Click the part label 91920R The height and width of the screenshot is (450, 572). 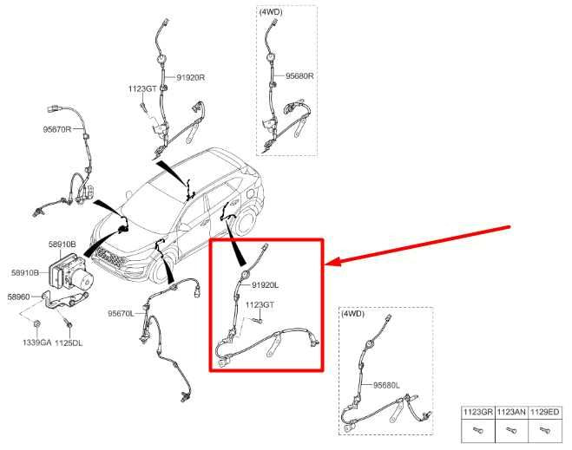pos(190,78)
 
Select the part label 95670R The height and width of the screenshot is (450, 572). pos(57,129)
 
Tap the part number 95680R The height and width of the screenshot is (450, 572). pos(299,76)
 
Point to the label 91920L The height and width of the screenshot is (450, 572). pos(266,285)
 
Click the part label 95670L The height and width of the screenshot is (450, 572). pos(122,313)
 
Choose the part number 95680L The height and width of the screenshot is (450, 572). pos(386,385)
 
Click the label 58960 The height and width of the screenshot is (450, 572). pos(18,297)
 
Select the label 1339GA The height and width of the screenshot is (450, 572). pos(36,342)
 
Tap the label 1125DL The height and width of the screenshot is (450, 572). pos(69,342)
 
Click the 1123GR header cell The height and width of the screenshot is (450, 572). pos(478,412)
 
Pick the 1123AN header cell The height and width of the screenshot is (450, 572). pos(511,412)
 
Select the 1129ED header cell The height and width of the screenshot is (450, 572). pos(544,412)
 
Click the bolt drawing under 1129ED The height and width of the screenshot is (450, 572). pos(544,431)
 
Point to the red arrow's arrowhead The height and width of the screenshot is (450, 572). pos(332,262)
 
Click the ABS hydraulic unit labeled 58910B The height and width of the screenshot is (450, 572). pos(71,273)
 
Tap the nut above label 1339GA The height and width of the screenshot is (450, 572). pos(36,324)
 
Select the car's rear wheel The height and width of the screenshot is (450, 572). pos(245,223)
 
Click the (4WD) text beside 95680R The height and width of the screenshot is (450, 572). pos(271,12)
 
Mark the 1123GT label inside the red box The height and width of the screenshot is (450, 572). pos(260,304)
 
